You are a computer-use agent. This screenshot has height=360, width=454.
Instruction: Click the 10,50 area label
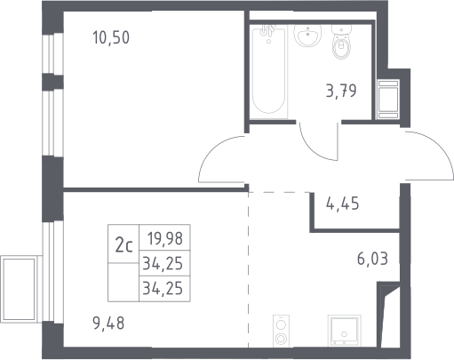tap(111, 38)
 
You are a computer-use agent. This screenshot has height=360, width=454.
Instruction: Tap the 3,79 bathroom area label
tap(341, 91)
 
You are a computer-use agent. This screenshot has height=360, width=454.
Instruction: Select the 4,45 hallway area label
tap(342, 204)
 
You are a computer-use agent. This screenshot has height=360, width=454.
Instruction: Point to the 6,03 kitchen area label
tap(372, 259)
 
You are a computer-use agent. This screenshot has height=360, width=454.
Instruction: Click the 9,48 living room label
tap(108, 324)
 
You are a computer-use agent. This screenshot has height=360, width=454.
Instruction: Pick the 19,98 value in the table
tap(165, 238)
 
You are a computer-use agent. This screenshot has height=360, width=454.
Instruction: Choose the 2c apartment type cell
tap(123, 245)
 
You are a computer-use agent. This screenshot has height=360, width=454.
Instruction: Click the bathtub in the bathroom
tap(268, 72)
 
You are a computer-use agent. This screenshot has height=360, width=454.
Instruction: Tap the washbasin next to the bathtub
tap(307, 36)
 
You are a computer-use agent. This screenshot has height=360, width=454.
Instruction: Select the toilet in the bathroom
tap(342, 42)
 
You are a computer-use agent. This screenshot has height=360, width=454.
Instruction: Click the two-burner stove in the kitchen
tap(281, 331)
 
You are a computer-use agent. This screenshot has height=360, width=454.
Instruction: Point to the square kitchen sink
tap(345, 331)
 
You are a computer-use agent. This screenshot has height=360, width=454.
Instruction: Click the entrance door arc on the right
tap(440, 145)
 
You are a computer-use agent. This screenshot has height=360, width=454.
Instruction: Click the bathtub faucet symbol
tap(267, 29)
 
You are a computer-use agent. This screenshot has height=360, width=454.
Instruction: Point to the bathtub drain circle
tap(268, 42)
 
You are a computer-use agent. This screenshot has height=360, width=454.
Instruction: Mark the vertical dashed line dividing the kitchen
tap(249, 269)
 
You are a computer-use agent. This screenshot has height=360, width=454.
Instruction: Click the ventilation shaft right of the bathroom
tap(388, 100)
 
